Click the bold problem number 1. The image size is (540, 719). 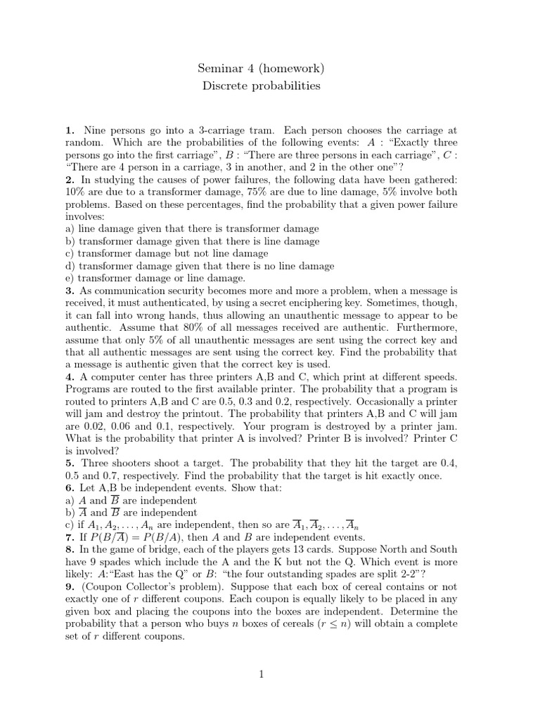[69, 130]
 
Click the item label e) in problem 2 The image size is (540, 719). [70, 278]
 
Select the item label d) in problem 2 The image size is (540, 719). [70, 266]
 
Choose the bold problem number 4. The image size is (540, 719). [69, 376]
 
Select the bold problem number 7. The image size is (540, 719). [69, 536]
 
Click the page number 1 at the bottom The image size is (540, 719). [262, 675]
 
